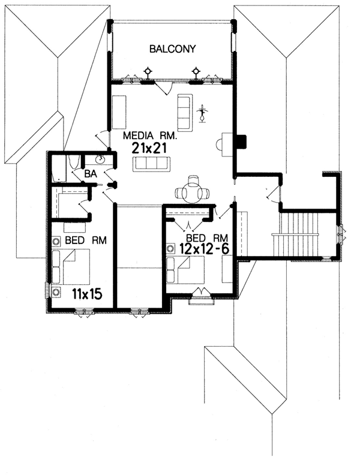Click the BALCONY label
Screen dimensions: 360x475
point(173,49)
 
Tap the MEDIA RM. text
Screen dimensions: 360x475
point(150,136)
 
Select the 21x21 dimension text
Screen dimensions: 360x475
point(149,149)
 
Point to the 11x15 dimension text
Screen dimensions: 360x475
point(87,294)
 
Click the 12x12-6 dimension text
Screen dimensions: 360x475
point(204,249)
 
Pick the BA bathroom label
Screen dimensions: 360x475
point(91,174)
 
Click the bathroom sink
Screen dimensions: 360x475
point(100,159)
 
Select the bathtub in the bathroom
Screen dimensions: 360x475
point(59,169)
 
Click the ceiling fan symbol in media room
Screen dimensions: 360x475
point(202,113)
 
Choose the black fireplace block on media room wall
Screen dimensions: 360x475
point(241,142)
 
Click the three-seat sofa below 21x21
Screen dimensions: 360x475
point(151,164)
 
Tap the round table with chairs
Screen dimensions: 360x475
point(193,191)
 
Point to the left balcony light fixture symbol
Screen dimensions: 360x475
point(148,72)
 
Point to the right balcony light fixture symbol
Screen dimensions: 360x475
point(196,72)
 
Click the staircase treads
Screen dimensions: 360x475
point(295,235)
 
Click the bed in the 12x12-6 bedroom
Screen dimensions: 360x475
point(185,270)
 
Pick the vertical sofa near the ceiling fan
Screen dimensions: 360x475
point(185,113)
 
